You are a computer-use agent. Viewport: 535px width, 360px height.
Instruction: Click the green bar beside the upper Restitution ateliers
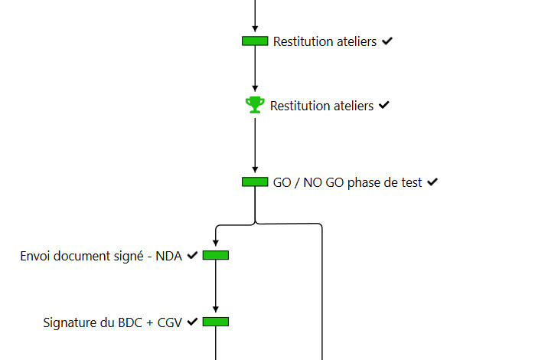pyautogui.click(x=255, y=41)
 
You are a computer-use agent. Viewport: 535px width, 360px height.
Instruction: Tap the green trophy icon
pyautogui.click(x=255, y=105)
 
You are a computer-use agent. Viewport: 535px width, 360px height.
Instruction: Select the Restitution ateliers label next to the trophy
pyautogui.click(x=321, y=106)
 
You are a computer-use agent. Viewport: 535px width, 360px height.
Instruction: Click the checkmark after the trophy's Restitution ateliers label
pyautogui.click(x=384, y=105)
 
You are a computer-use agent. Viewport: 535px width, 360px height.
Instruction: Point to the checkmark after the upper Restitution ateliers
pyautogui.click(x=387, y=41)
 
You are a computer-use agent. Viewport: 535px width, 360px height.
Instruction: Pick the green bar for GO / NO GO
pyautogui.click(x=255, y=182)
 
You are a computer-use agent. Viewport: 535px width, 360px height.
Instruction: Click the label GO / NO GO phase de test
pyautogui.click(x=347, y=182)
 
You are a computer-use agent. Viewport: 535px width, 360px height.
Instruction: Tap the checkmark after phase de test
pyautogui.click(x=432, y=182)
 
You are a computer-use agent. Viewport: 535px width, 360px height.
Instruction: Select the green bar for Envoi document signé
pyautogui.click(x=216, y=255)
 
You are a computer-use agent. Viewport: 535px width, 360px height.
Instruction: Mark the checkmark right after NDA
pyautogui.click(x=192, y=255)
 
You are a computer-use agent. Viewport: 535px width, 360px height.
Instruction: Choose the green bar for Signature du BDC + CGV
pyautogui.click(x=216, y=322)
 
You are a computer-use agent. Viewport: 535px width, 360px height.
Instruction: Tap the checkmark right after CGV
pyautogui.click(x=192, y=322)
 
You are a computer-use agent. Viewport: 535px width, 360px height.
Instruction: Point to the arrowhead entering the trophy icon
pyautogui.click(x=255, y=90)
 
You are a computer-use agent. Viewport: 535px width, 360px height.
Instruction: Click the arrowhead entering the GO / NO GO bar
pyautogui.click(x=255, y=172)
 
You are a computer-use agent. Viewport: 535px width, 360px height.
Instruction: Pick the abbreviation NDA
pyautogui.click(x=168, y=256)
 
